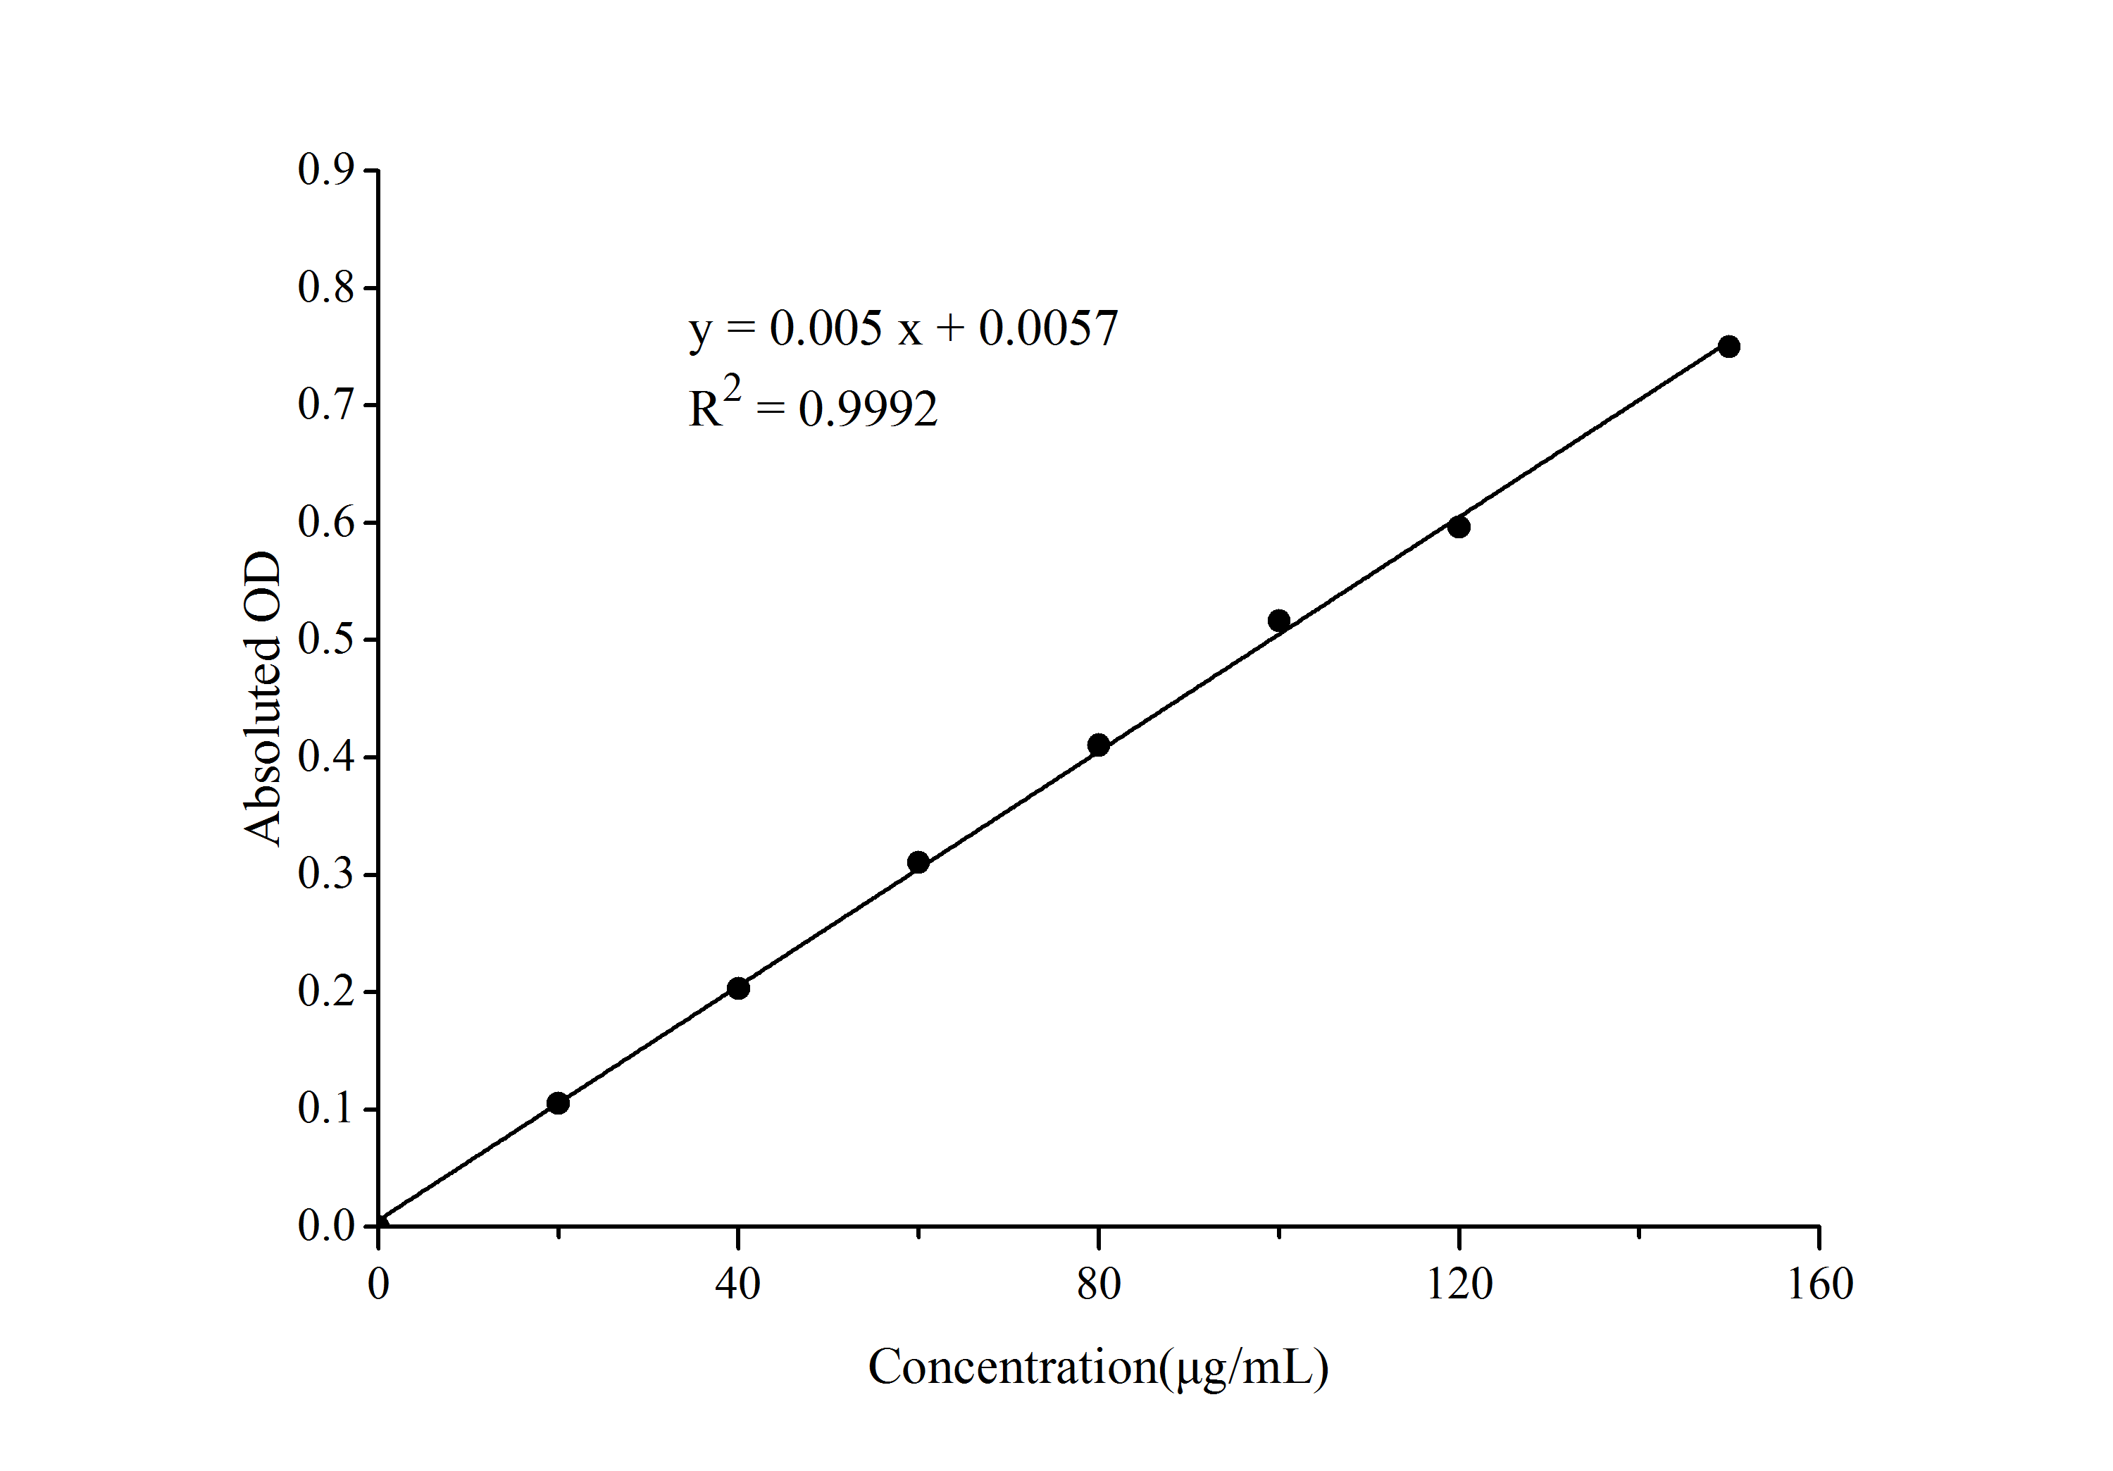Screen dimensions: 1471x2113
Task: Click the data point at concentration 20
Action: (x=558, y=1103)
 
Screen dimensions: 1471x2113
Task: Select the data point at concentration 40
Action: (x=738, y=988)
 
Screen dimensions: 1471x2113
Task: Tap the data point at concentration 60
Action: (x=918, y=862)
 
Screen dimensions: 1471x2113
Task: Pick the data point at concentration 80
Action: (x=1098, y=745)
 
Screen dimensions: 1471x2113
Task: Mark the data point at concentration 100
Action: (x=1278, y=621)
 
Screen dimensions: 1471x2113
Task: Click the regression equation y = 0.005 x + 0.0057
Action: (x=903, y=328)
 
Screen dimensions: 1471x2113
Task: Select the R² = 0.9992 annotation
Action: (x=814, y=405)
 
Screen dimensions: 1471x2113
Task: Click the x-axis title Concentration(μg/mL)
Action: (x=1098, y=1368)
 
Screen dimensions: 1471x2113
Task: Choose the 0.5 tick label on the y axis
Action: (x=326, y=639)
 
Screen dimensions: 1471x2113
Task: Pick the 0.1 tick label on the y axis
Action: (x=326, y=1108)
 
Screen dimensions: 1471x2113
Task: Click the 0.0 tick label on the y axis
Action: (x=326, y=1226)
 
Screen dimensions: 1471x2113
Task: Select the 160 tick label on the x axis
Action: (x=1819, y=1284)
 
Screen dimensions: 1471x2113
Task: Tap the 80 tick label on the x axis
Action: (x=1098, y=1284)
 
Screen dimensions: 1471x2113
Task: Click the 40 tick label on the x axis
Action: (x=738, y=1284)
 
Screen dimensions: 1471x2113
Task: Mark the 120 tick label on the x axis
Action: (x=1459, y=1284)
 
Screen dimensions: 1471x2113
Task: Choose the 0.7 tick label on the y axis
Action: (x=326, y=404)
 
